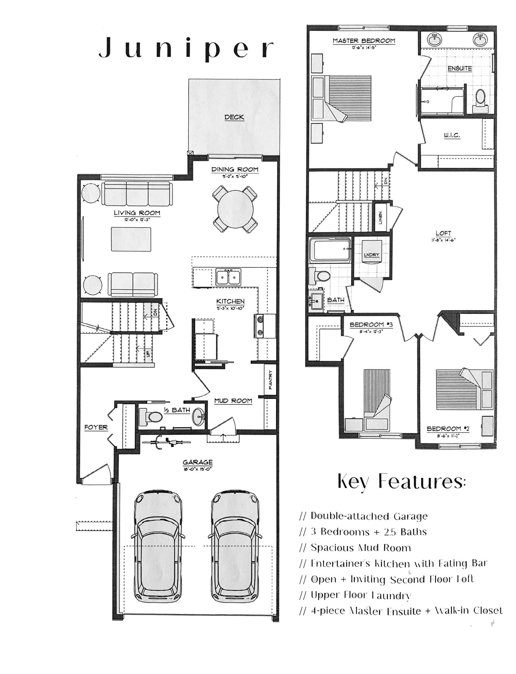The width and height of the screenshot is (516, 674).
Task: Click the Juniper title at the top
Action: click(x=186, y=48)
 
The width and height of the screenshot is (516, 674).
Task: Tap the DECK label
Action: click(x=234, y=117)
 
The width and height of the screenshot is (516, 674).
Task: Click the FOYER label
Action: click(x=96, y=427)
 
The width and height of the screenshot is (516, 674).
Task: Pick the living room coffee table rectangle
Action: click(x=131, y=239)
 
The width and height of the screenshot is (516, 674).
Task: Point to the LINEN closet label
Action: click(x=380, y=218)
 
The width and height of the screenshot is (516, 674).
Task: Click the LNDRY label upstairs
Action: click(x=372, y=255)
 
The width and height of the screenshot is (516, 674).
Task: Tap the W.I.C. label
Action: click(x=452, y=135)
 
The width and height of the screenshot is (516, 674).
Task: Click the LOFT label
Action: click(x=443, y=233)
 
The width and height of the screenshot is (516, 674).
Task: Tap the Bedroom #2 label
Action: click(x=448, y=429)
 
